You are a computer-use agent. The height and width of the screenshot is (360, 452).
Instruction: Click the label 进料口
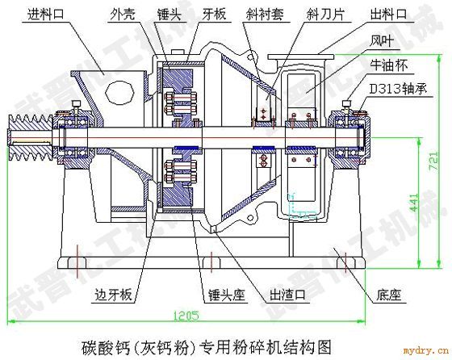(46, 14)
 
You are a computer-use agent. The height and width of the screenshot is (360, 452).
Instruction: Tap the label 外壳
(122, 14)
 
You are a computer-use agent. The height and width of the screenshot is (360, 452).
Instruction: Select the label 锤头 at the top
(169, 14)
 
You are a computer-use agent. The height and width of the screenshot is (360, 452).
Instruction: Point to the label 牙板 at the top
(214, 14)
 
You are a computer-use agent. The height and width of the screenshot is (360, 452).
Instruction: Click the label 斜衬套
(265, 14)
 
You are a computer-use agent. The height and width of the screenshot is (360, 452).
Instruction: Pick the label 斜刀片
(325, 14)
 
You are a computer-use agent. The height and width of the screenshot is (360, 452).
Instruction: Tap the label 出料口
(388, 14)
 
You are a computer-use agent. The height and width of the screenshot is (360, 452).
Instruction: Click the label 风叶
(382, 40)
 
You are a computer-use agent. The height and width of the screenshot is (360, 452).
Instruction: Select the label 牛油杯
(389, 65)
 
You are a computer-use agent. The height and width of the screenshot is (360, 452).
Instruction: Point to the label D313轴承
(398, 89)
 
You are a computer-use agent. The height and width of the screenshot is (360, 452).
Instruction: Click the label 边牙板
(114, 295)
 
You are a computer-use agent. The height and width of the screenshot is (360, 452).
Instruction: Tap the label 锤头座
(227, 295)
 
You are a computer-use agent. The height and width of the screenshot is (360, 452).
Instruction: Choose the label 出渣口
(287, 295)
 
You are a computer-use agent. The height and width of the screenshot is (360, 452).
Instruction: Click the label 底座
(388, 295)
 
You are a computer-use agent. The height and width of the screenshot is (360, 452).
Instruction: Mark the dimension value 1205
(186, 316)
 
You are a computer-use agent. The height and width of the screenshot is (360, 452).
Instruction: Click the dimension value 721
(434, 161)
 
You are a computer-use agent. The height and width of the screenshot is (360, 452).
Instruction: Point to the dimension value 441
(413, 203)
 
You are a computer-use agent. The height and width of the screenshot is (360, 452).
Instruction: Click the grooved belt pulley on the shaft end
(31, 138)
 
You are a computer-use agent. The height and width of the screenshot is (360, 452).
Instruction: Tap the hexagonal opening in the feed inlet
(120, 92)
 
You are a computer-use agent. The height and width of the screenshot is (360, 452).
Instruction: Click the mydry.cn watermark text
(426, 350)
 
